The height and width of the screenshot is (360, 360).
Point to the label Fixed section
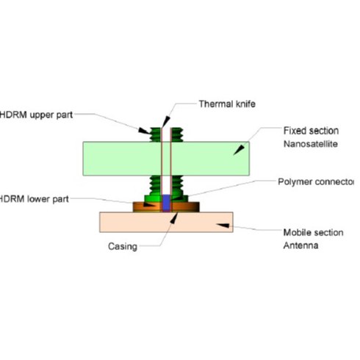311,130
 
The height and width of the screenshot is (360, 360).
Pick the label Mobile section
313,233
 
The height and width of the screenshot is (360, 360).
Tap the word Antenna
302,246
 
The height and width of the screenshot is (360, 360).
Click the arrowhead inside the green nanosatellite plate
237,150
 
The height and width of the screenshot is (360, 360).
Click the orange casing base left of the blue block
147,206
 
